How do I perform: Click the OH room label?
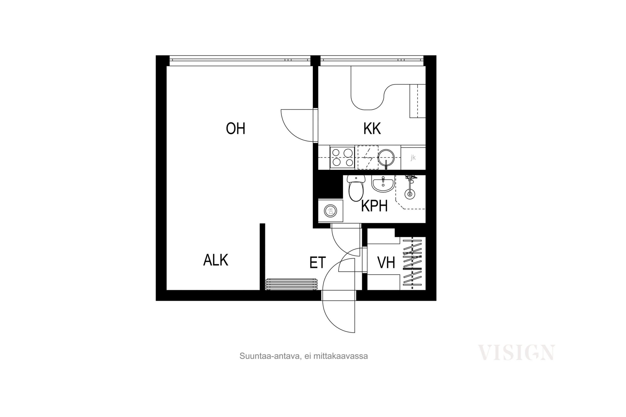(235, 128)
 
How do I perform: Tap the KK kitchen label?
(372, 128)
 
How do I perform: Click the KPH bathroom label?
(374, 206)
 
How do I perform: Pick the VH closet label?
(386, 262)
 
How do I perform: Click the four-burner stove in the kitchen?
(342, 157)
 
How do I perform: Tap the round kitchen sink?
(386, 157)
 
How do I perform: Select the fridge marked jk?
(413, 157)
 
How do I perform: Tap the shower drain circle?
(410, 194)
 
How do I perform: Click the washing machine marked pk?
(331, 211)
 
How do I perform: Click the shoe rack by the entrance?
(291, 284)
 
